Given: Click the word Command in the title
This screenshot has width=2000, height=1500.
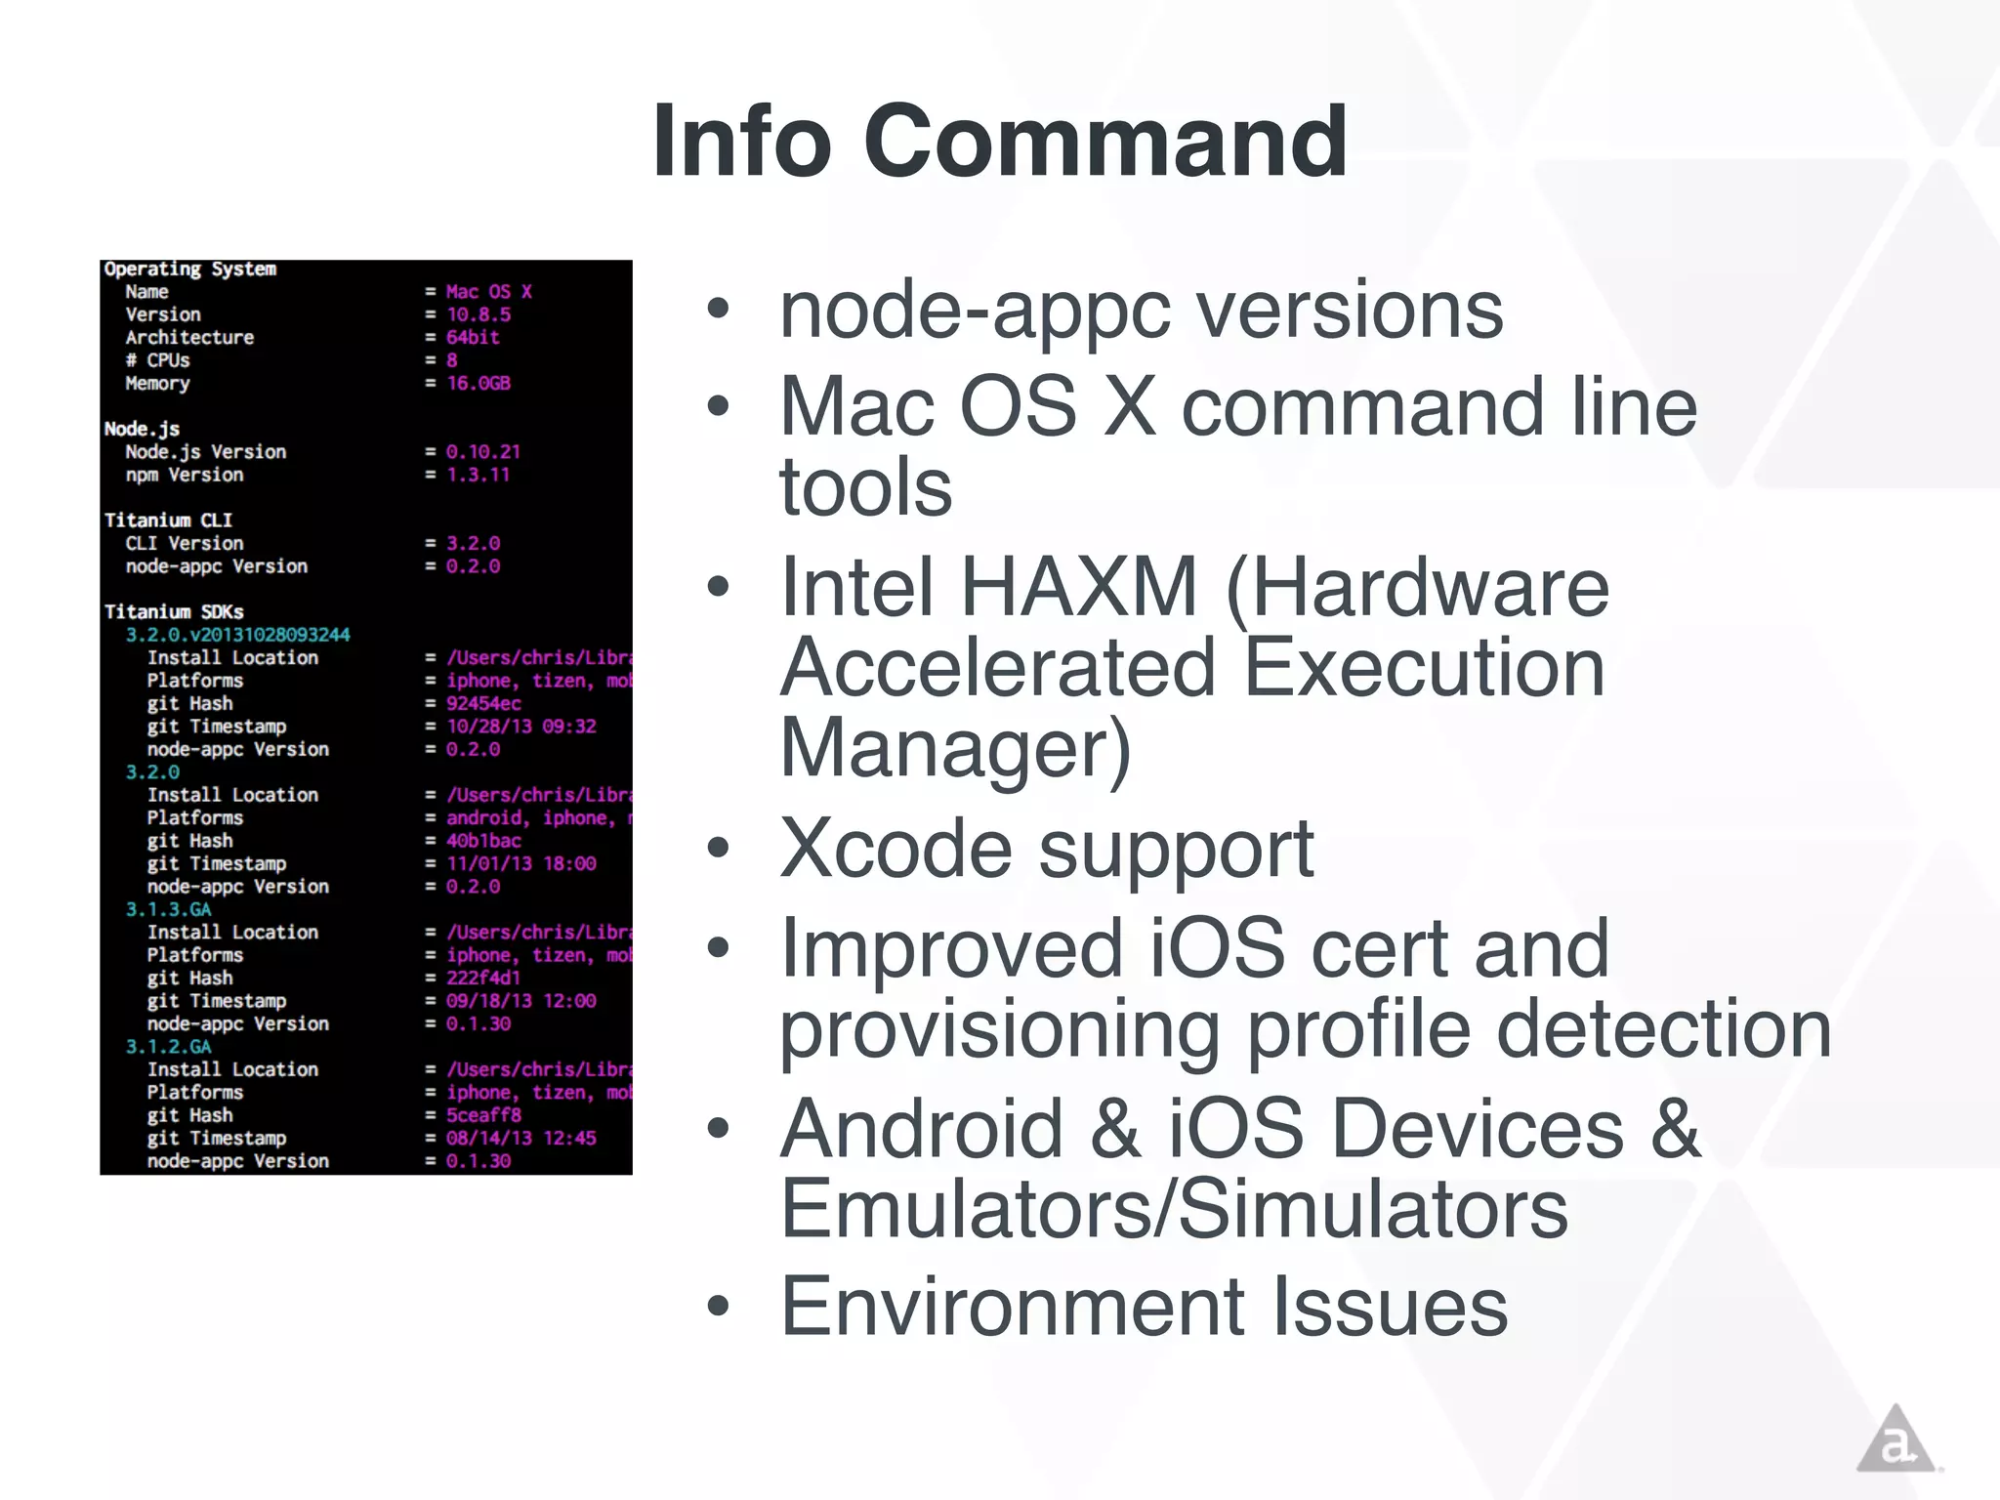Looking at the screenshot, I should (1104, 142).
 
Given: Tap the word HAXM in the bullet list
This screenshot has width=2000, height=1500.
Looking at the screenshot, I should (1079, 587).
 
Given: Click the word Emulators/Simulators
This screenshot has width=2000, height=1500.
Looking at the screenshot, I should (1174, 1209).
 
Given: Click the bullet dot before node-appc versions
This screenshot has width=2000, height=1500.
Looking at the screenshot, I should (719, 310).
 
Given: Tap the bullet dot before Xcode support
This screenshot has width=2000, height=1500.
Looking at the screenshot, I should (719, 849).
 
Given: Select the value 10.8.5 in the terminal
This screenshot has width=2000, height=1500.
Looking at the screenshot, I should (479, 314).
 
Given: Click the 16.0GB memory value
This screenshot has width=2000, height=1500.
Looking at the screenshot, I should (479, 383).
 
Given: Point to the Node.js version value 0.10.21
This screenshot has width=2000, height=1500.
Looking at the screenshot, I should (483, 452).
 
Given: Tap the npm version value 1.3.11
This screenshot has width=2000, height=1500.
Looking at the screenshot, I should (479, 475).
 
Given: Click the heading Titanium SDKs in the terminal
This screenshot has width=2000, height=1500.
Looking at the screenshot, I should (174, 611).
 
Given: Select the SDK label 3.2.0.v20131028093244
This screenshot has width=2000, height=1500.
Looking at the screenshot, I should (237, 635).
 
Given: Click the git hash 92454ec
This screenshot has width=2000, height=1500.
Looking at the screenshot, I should (483, 703).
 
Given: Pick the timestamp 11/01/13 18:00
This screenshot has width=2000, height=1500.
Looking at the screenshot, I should (521, 863).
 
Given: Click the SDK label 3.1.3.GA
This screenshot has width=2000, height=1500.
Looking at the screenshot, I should (168, 909).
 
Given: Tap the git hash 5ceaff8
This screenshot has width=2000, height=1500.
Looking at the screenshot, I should (483, 1115).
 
